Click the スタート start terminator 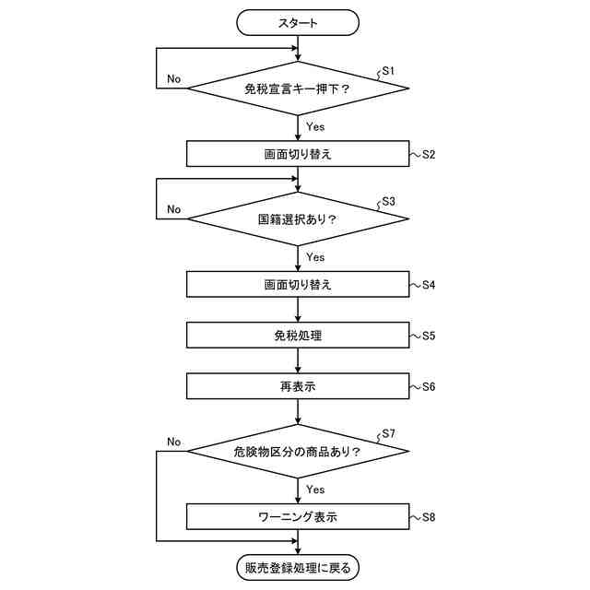pyautogui.click(x=298, y=22)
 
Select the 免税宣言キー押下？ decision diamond pyautogui.click(x=298, y=89)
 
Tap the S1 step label pyautogui.click(x=388, y=71)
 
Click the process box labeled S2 pyautogui.click(x=298, y=154)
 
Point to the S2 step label pyautogui.click(x=429, y=154)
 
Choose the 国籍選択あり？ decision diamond pyautogui.click(x=298, y=220)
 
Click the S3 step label pyautogui.click(x=388, y=202)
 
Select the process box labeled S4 pyautogui.click(x=298, y=284)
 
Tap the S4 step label pyautogui.click(x=429, y=284)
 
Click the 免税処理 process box pyautogui.click(x=298, y=336)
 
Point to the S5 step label pyautogui.click(x=429, y=336)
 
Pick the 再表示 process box pyautogui.click(x=298, y=387)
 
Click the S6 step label pyautogui.click(x=429, y=387)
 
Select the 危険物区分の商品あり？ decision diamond pyautogui.click(x=298, y=452)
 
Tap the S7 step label pyautogui.click(x=388, y=433)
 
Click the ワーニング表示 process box pyautogui.click(x=298, y=516)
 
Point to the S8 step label pyautogui.click(x=429, y=516)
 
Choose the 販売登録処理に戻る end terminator pyautogui.click(x=298, y=567)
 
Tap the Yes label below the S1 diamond pyautogui.click(x=315, y=127)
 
